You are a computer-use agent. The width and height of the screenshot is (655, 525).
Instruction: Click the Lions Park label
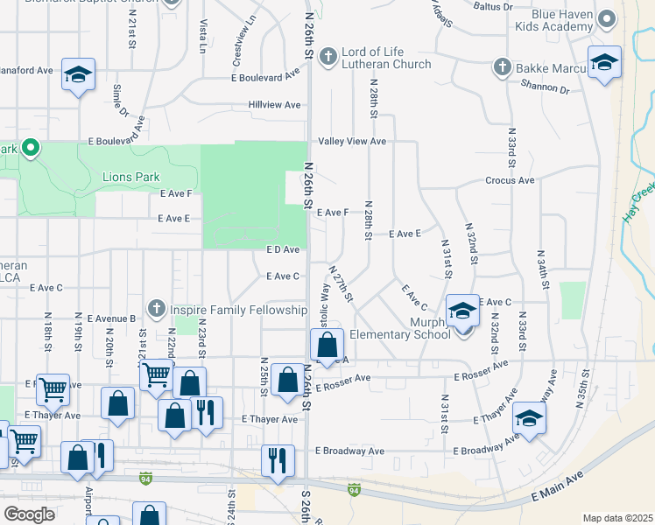(131, 177)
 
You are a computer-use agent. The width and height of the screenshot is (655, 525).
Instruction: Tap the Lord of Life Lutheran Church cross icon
(328, 58)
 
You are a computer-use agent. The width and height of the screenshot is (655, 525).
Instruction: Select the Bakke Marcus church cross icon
(502, 66)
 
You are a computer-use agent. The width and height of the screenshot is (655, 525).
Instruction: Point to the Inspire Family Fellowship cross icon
(157, 308)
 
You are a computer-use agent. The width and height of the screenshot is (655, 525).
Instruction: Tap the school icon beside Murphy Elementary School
(463, 311)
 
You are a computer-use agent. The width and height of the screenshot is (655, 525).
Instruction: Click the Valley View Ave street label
(352, 141)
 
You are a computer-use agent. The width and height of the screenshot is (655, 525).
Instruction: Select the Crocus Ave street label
(510, 180)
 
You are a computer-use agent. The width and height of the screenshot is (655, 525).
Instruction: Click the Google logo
(29, 514)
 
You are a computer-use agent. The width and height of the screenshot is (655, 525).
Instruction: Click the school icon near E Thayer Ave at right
(529, 418)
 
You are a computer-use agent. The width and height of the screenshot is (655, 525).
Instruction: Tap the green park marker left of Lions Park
(31, 147)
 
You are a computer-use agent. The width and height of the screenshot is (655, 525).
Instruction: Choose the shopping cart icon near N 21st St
(156, 374)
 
